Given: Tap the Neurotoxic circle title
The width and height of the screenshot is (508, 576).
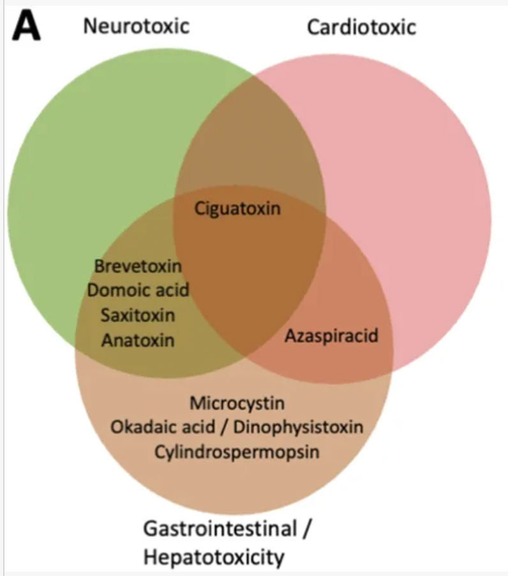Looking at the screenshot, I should (x=137, y=26).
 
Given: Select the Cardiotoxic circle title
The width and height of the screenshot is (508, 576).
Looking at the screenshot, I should (x=361, y=27).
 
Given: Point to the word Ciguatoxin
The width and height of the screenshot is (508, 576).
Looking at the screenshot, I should (x=237, y=208).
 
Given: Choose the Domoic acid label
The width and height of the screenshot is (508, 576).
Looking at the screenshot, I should (x=138, y=290).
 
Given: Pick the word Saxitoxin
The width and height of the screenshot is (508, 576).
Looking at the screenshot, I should (x=137, y=315).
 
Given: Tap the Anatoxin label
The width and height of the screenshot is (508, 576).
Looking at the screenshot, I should (x=137, y=340).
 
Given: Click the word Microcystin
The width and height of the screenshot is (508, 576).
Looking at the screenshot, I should (x=237, y=404).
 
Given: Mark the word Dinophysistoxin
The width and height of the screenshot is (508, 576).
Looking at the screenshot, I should (x=299, y=427).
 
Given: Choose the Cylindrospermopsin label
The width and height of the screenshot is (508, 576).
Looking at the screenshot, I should (x=237, y=451).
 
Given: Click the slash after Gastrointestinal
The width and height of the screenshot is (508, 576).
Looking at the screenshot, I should (x=309, y=529).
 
